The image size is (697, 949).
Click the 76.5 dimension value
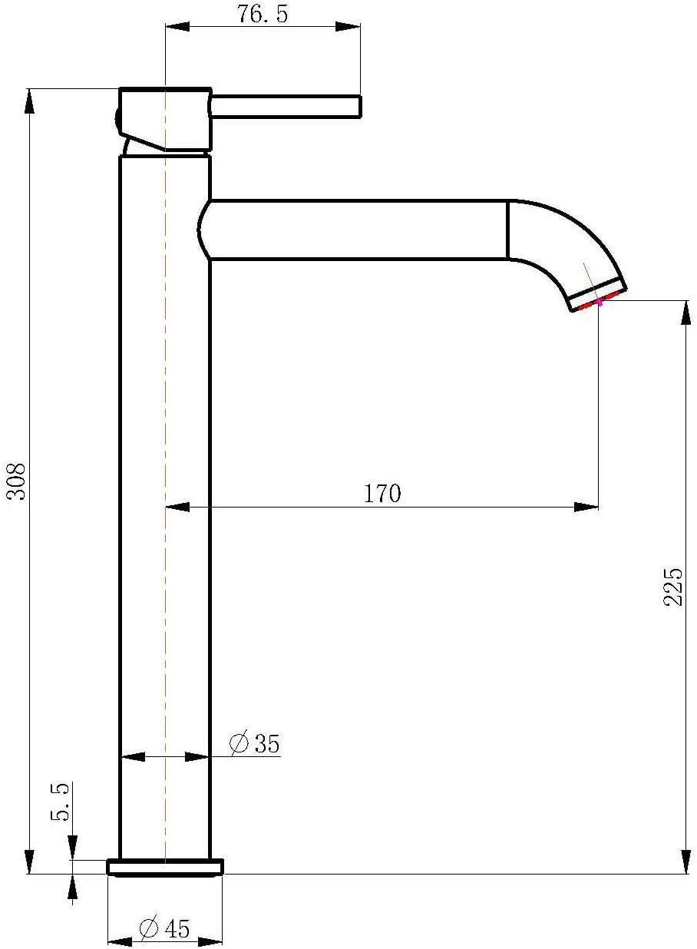263,14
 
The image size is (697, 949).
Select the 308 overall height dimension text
16,481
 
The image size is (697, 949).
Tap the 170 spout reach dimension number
382,494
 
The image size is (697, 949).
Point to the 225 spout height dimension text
672,587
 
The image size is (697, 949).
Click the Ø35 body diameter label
255,743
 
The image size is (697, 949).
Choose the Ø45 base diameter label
164,928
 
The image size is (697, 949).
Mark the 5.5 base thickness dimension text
61,802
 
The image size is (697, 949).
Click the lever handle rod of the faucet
286,107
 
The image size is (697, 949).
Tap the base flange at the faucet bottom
165,867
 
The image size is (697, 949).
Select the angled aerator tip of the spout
597,296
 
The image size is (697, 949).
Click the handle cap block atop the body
166,119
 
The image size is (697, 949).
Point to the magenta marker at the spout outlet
600,303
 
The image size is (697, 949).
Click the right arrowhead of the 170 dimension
587,507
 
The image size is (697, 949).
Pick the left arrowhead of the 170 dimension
177,507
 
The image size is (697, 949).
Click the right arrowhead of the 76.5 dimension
349,27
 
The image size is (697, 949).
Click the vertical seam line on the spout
507,230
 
